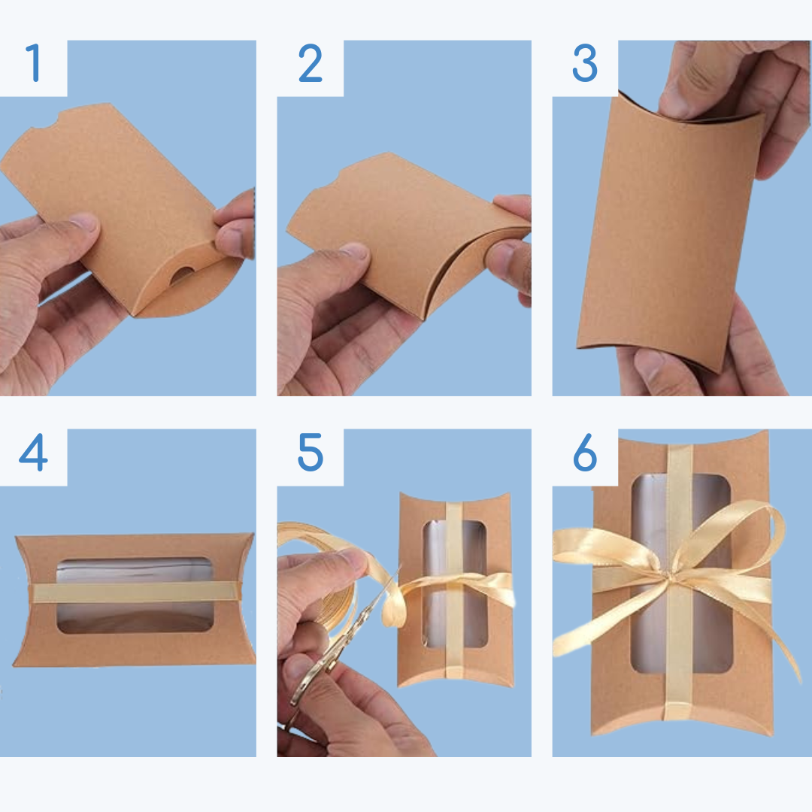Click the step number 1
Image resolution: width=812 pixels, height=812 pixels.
click(34, 62)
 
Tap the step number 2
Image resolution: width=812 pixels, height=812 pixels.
click(311, 62)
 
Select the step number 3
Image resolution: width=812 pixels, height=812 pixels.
click(585, 62)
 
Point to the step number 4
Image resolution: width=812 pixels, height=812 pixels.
click(34, 452)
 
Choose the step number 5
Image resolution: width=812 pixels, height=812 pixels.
click(311, 452)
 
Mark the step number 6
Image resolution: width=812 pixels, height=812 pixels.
click(585, 452)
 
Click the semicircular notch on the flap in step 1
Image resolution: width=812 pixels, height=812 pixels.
click(181, 274)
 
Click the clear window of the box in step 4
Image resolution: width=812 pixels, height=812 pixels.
click(135, 595)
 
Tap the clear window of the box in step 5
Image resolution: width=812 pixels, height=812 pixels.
click(455, 584)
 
